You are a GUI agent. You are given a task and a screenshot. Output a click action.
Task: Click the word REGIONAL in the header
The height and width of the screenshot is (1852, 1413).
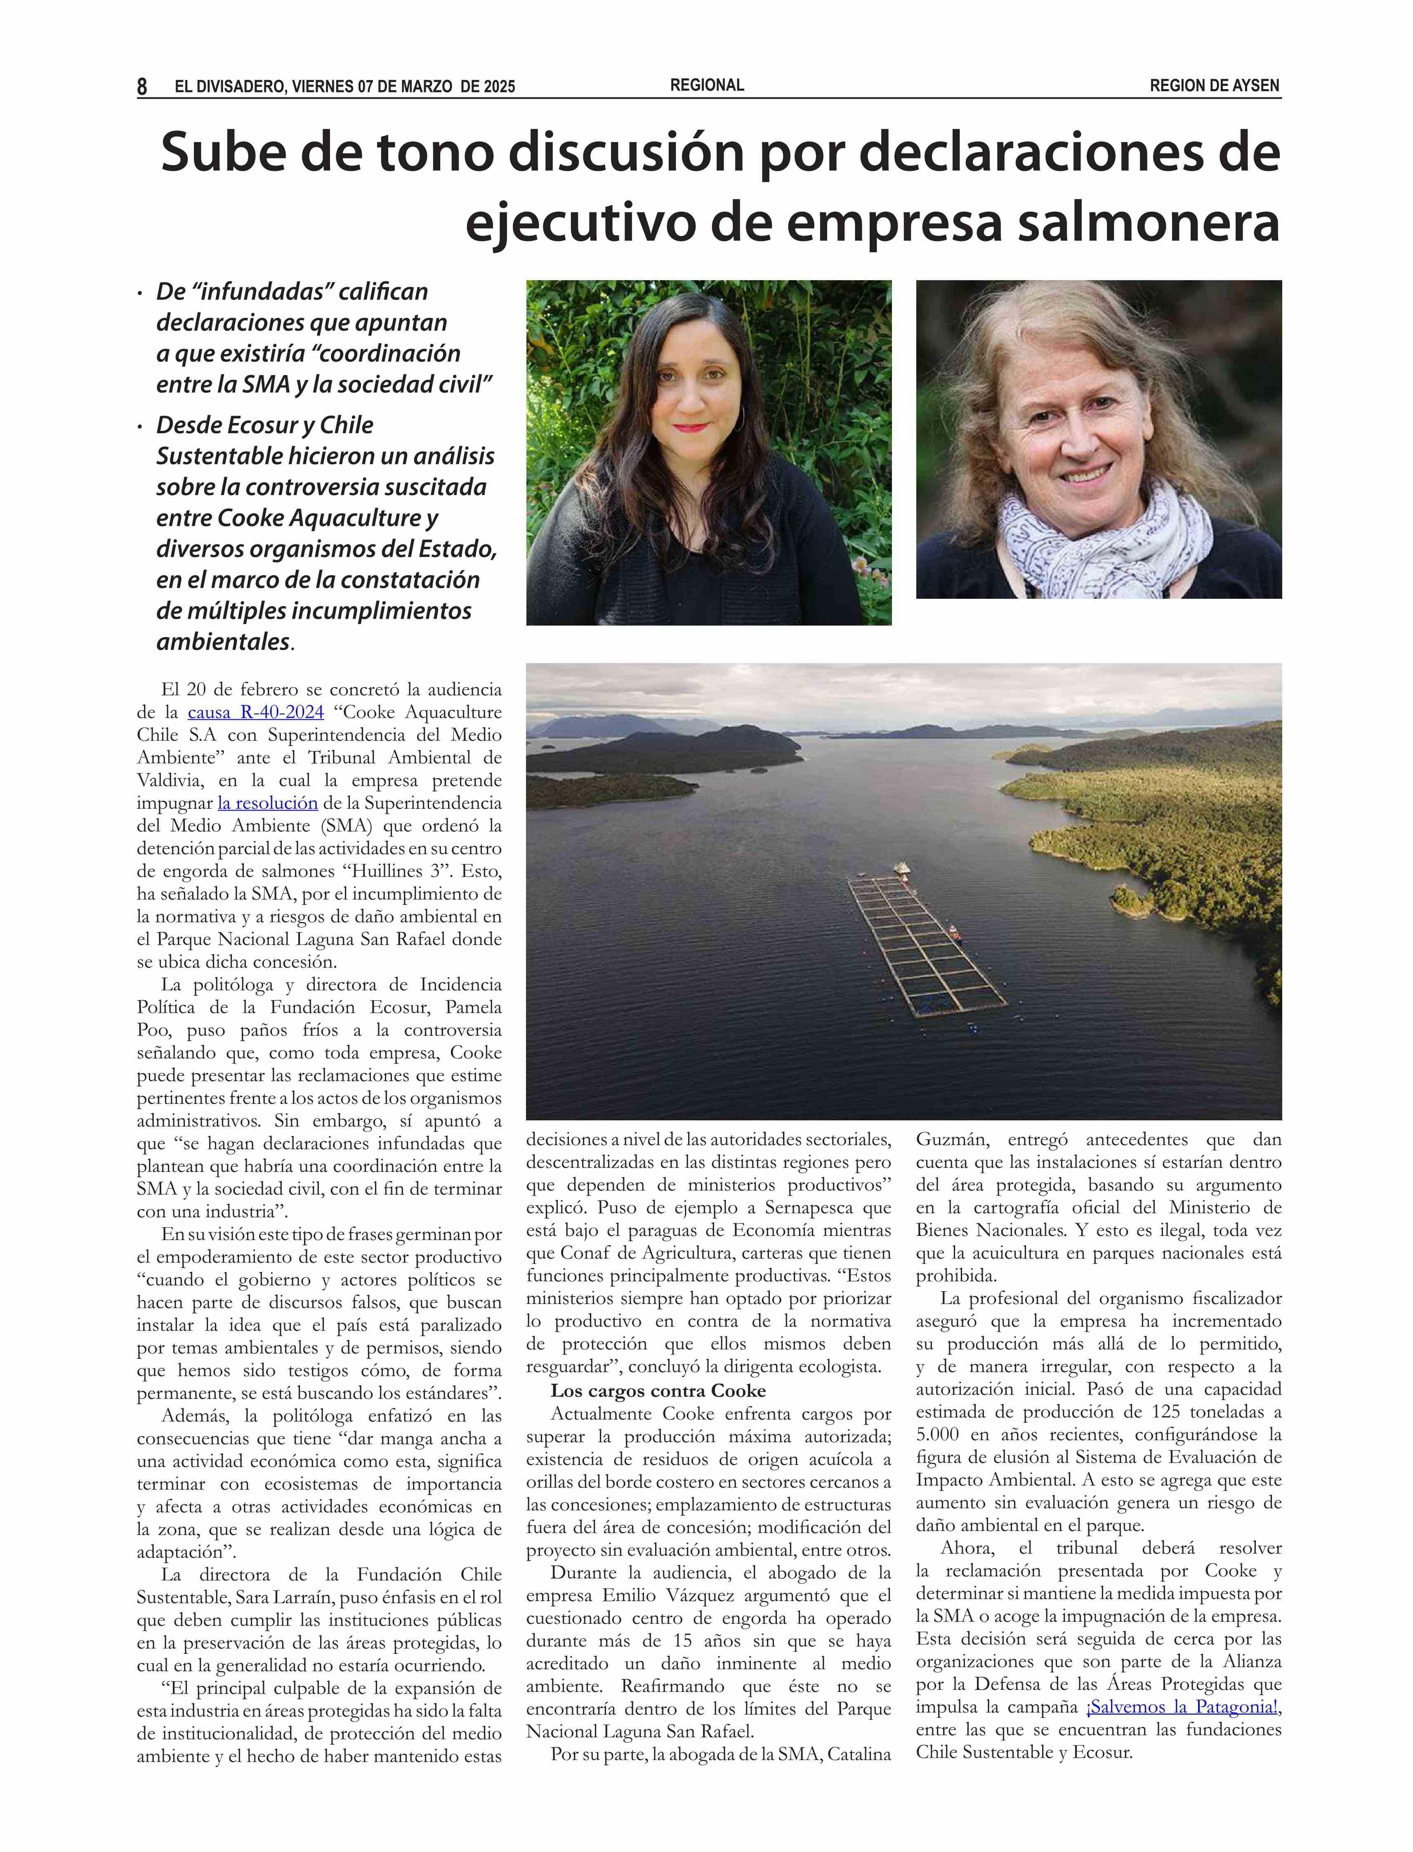click(706, 85)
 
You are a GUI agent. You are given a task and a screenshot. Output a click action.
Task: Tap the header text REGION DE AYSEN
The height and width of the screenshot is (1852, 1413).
click(1215, 86)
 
